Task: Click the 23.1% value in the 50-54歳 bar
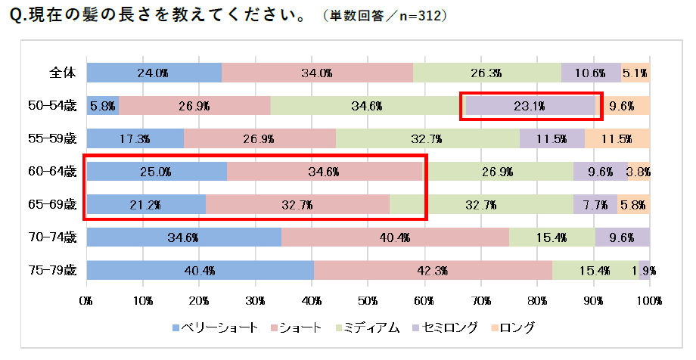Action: coord(530,106)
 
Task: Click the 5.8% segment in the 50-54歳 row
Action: coord(103,106)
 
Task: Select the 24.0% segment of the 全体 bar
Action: coord(154,73)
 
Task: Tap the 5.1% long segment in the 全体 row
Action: coord(635,73)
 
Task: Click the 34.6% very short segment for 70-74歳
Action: coord(184,237)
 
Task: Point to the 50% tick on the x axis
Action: coord(368,301)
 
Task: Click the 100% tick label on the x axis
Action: coord(649,301)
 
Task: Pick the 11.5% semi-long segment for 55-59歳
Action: coord(552,138)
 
